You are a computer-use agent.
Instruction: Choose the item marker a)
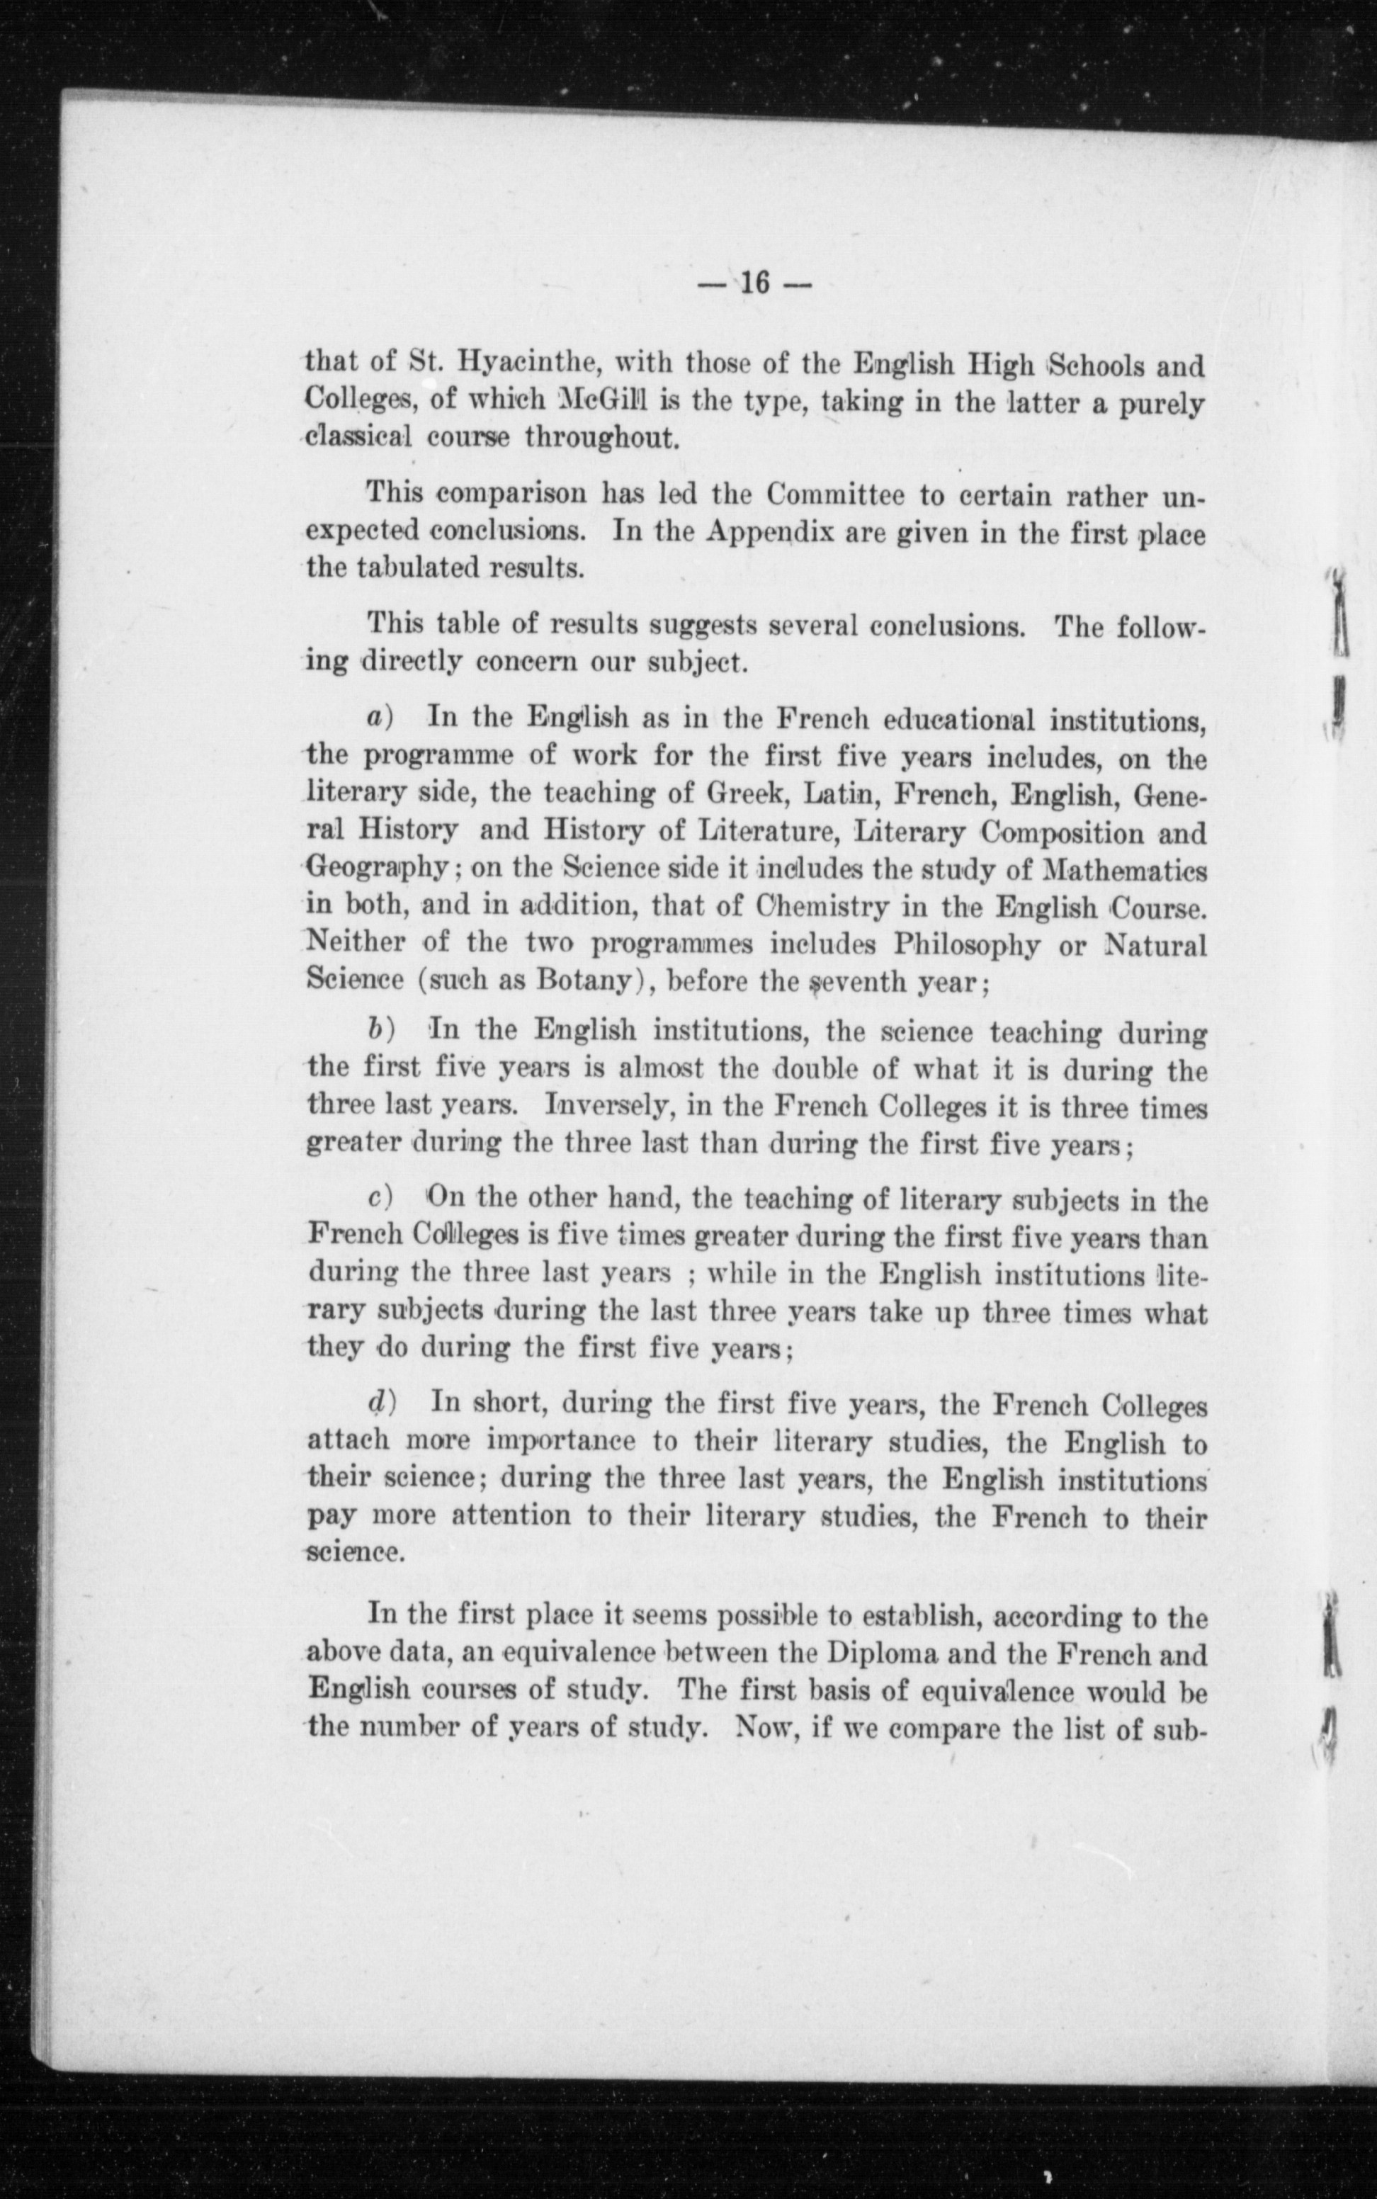(379, 718)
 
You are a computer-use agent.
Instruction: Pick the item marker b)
(379, 1030)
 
